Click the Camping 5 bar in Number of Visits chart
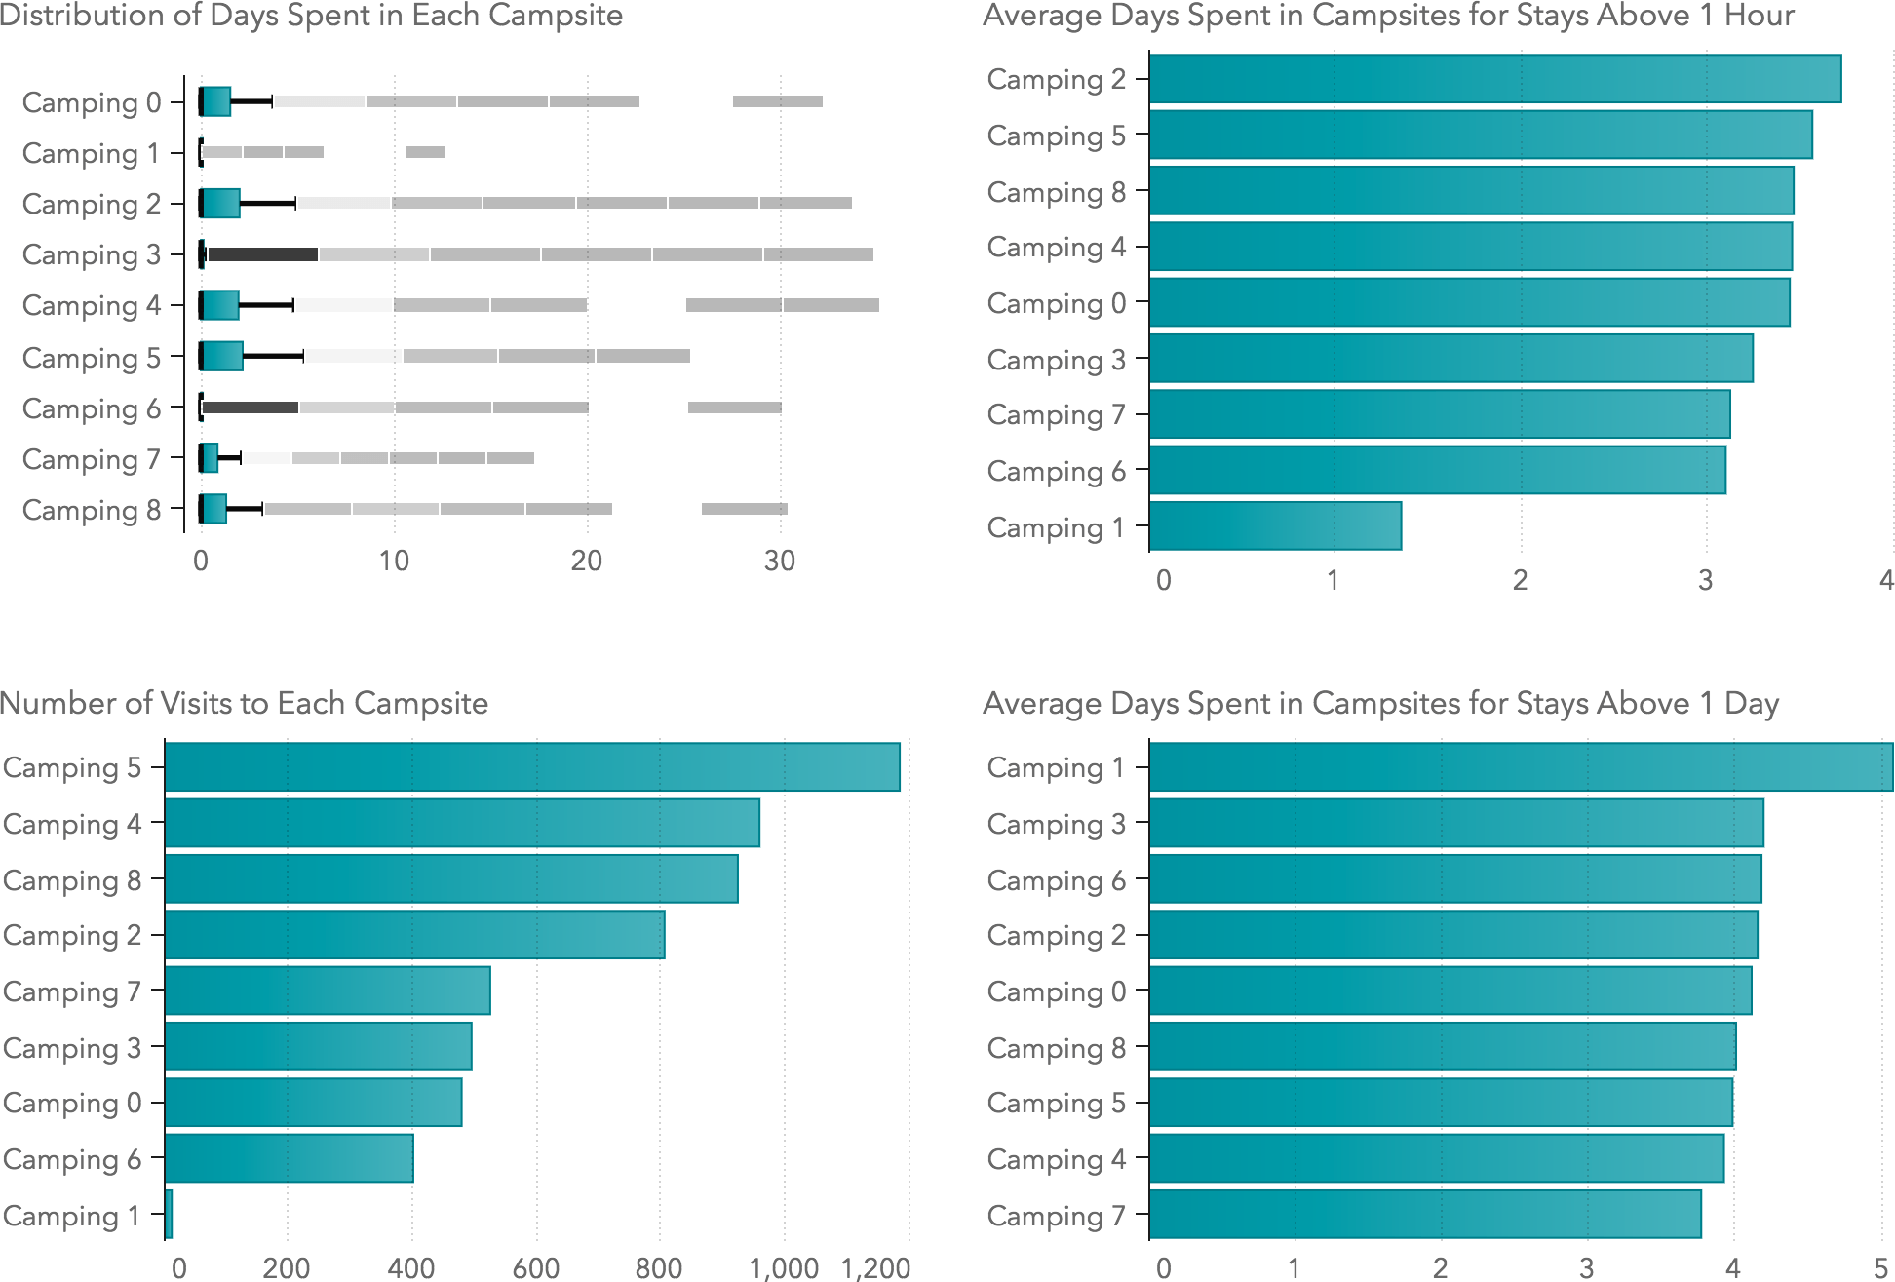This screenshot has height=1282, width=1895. point(532,767)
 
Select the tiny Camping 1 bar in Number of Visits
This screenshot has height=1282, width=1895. point(170,1215)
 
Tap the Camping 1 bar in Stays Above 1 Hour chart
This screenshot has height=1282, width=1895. point(1275,526)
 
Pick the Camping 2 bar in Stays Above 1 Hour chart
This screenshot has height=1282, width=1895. point(1495,79)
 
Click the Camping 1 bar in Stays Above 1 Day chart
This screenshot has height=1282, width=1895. point(1521,767)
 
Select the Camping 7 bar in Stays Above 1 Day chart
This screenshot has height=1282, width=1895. point(1425,1215)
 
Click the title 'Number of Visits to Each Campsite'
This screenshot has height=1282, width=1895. point(244,703)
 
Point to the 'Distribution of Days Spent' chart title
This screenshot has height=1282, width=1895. point(311,16)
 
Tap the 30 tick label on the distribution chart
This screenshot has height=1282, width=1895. point(780,561)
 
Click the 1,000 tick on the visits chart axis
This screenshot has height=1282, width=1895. point(784,1267)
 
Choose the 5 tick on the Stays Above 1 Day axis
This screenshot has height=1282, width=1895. point(1881,1267)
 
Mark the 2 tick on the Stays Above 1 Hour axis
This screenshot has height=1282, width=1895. point(1520,580)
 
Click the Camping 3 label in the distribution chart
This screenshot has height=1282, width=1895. point(91,254)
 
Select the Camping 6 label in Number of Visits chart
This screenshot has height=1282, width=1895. point(72,1159)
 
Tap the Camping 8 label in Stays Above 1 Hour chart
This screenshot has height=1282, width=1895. point(1056,192)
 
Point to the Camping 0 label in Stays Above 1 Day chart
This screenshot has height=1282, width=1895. point(1056,991)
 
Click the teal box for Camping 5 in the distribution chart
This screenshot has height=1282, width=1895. point(223,356)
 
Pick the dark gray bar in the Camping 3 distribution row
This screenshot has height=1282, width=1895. point(262,254)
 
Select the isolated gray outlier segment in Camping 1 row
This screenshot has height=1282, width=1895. point(425,152)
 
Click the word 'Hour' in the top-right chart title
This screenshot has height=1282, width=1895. point(1759,16)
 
